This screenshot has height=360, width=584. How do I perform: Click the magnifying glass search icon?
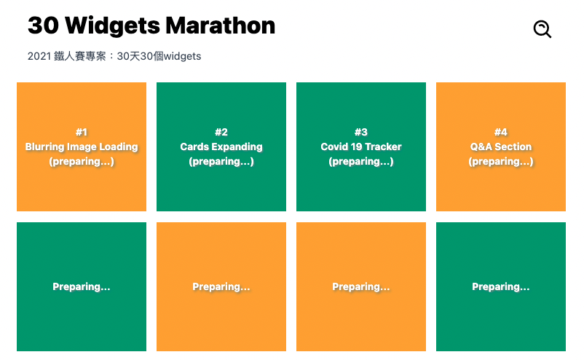pyautogui.click(x=542, y=29)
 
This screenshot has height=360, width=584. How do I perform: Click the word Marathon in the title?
pyautogui.click(x=220, y=26)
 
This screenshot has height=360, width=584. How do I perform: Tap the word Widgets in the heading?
pyautogui.click(x=112, y=26)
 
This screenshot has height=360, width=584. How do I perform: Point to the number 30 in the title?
pyautogui.click(x=43, y=26)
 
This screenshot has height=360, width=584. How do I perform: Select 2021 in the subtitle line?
pyautogui.click(x=39, y=56)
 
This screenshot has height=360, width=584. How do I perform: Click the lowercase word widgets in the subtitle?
pyautogui.click(x=183, y=56)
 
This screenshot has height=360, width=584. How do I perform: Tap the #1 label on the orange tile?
pyautogui.click(x=82, y=132)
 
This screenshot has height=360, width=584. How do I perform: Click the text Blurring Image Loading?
pyautogui.click(x=82, y=146)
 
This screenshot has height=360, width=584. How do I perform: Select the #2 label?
pyautogui.click(x=221, y=132)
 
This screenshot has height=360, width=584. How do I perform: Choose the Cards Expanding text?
pyautogui.click(x=221, y=146)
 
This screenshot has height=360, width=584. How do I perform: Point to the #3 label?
pyautogui.click(x=361, y=132)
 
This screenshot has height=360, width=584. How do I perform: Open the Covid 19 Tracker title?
pyautogui.click(x=361, y=146)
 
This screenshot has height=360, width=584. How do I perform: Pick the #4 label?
pyautogui.click(x=501, y=132)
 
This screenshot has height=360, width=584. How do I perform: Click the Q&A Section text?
pyautogui.click(x=501, y=146)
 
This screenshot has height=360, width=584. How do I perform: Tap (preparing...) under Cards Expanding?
pyautogui.click(x=221, y=161)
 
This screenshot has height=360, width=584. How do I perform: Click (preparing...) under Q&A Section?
pyautogui.click(x=501, y=161)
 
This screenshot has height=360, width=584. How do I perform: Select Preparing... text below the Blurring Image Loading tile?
pyautogui.click(x=82, y=286)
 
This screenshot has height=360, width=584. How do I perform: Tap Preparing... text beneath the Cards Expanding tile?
pyautogui.click(x=221, y=286)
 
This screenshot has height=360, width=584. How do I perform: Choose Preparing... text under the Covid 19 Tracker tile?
pyautogui.click(x=361, y=286)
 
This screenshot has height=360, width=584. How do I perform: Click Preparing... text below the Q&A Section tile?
pyautogui.click(x=501, y=286)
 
